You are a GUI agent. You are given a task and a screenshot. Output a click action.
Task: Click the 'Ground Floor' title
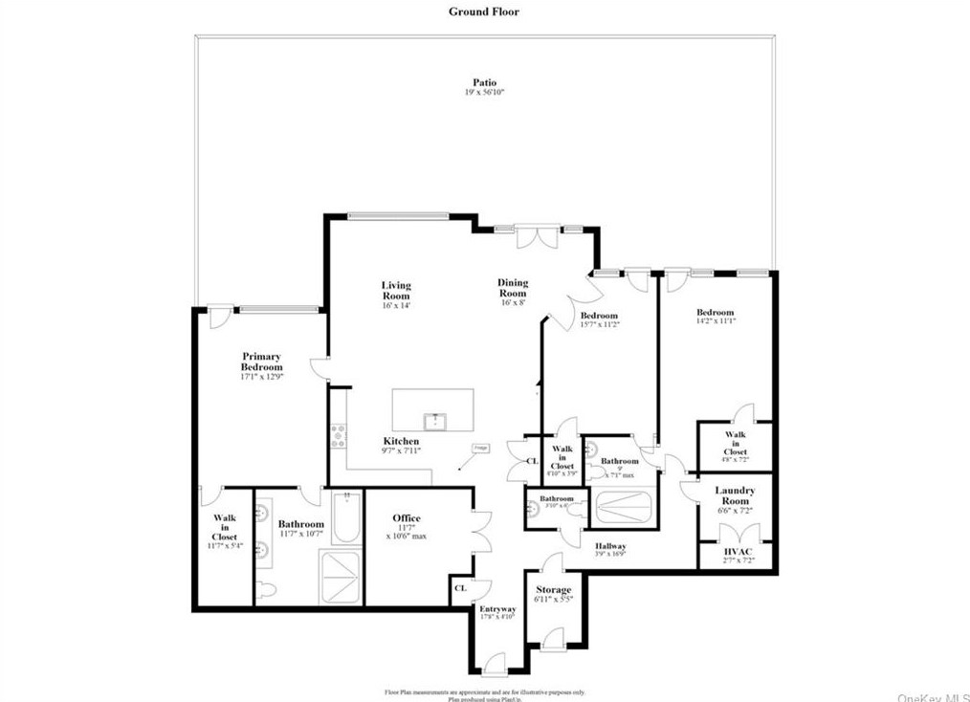(x=484, y=11)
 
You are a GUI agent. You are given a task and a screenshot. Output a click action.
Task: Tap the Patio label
(x=484, y=83)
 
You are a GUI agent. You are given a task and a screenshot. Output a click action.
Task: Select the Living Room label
(x=396, y=291)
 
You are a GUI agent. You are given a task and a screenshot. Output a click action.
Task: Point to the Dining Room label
(x=512, y=288)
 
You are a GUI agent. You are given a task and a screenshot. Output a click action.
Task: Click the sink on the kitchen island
(x=433, y=419)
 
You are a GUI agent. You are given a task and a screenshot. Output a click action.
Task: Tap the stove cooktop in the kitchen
(x=338, y=436)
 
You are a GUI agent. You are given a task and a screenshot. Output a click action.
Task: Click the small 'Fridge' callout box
(x=479, y=448)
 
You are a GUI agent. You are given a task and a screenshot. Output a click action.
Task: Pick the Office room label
(x=407, y=518)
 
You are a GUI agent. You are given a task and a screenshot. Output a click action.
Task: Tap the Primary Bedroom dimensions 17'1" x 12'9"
(x=261, y=377)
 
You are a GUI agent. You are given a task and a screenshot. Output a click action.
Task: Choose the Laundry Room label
(x=735, y=495)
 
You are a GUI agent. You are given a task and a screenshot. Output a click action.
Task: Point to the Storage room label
(x=553, y=590)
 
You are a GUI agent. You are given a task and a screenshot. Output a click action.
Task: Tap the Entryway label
(x=497, y=609)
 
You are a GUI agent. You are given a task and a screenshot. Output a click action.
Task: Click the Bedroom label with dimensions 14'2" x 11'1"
(x=715, y=313)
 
